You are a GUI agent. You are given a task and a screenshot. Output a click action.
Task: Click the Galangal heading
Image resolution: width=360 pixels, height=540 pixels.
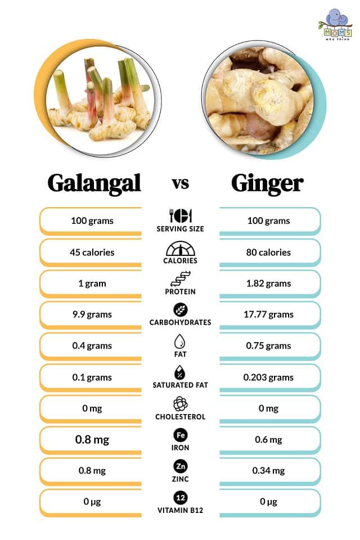tap(94, 183)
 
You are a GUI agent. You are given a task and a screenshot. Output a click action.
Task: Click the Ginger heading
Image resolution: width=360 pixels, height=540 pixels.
tap(267, 183)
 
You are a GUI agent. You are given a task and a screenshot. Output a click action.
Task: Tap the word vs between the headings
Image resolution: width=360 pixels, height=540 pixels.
tap(180, 183)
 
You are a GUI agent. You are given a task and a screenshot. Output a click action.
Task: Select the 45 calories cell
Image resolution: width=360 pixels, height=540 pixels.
tap(92, 252)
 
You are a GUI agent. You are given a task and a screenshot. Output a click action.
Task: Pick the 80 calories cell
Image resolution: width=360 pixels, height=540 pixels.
tap(269, 252)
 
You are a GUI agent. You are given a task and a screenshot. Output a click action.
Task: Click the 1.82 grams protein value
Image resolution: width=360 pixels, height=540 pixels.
tap(269, 283)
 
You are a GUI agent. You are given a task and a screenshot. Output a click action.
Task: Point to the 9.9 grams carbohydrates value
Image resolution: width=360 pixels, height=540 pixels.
tap(92, 314)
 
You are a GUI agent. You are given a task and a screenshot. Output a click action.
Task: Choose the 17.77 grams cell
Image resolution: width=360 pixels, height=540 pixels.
tap(269, 314)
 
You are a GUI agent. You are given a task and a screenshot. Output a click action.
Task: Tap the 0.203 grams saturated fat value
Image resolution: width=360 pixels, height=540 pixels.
tap(269, 377)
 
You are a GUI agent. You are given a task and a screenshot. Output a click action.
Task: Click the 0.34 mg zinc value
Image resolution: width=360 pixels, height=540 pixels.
tap(269, 471)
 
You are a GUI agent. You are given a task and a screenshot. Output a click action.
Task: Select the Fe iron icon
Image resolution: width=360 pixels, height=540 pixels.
tap(181, 435)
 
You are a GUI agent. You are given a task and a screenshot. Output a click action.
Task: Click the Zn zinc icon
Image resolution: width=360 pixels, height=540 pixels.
tap(181, 466)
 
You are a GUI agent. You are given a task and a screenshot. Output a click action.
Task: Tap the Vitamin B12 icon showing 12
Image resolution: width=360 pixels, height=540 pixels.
tap(181, 498)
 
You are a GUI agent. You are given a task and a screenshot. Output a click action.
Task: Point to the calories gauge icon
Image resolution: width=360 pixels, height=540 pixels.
tap(181, 249)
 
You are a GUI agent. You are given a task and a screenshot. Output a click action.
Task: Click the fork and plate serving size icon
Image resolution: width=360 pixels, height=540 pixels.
tap(181, 216)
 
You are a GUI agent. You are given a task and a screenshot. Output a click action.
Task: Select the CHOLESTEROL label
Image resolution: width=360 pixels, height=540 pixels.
tap(181, 417)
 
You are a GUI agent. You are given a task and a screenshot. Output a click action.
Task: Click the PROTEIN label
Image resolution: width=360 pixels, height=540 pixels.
tap(181, 292)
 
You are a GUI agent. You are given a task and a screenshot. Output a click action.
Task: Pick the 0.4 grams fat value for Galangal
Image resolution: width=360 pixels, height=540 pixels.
tap(92, 346)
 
